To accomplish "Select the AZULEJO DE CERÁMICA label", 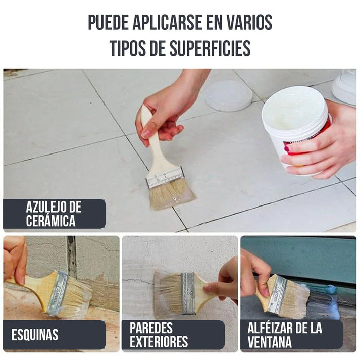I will coord(54,214).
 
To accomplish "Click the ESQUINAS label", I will coord(35,334).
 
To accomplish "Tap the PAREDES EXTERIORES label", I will coord(159,334).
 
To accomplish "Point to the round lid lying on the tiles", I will coord(228,96).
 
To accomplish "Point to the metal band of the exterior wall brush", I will coord(187,293).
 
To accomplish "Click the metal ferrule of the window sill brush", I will coord(277,294).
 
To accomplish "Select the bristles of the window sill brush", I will coord(295,300).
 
